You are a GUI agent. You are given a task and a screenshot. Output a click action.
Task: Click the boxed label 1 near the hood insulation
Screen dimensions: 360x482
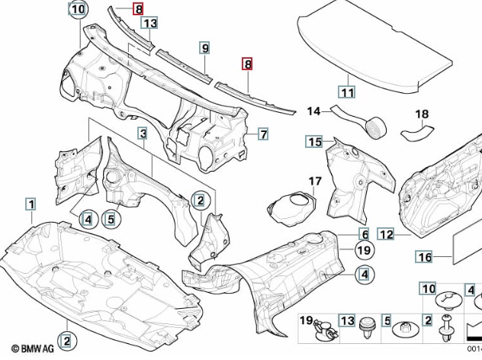tap(31, 204)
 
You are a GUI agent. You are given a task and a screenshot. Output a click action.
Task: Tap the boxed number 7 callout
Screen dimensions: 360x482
tap(262, 135)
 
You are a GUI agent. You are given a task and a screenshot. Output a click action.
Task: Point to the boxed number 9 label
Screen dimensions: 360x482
tap(205, 48)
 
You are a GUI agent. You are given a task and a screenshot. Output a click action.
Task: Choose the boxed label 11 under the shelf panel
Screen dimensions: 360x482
tap(347, 93)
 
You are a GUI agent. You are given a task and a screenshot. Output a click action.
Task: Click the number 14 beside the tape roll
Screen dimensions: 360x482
tap(313, 111)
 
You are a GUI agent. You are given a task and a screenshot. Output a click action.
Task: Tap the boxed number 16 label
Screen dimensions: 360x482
tap(424, 256)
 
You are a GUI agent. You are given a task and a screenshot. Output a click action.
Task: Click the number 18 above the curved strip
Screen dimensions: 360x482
tap(422, 115)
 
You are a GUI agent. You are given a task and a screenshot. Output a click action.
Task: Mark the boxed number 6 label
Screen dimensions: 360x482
tap(365, 234)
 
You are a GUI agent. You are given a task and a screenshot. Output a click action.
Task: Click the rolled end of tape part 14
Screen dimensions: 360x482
tap(375, 127)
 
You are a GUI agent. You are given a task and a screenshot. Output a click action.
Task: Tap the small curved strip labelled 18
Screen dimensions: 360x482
tap(418, 134)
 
